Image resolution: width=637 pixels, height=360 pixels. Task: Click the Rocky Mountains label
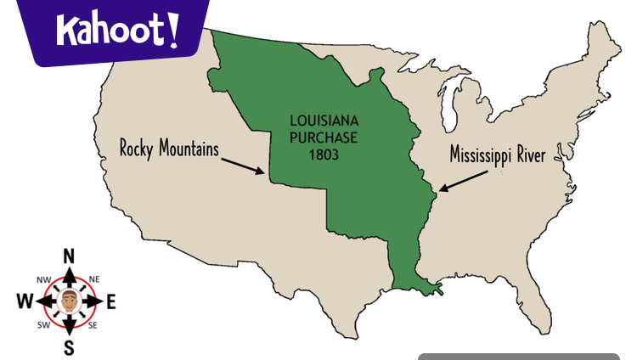pyautogui.click(x=170, y=149)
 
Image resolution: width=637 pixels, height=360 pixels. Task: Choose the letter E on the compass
pyautogui.click(x=111, y=301)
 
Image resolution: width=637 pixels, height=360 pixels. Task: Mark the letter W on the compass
pyautogui.click(x=25, y=301)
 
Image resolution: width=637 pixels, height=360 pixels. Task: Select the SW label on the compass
pyautogui.click(x=43, y=325)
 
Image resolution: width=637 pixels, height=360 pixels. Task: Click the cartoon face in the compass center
pyautogui.click(x=70, y=301)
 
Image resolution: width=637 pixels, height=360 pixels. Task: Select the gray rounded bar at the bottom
pyautogui.click(x=518, y=357)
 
